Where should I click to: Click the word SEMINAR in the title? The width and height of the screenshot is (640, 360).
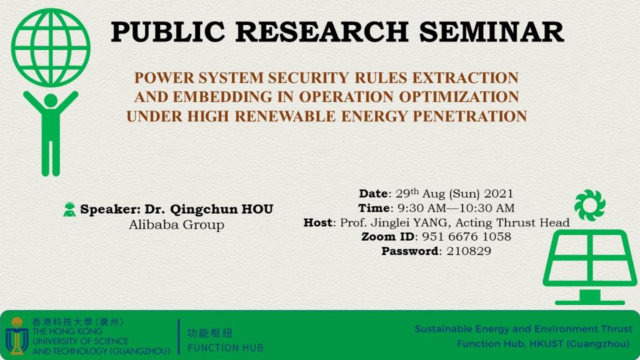(x=491, y=32)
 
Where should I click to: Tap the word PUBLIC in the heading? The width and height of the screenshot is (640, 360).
(x=167, y=32)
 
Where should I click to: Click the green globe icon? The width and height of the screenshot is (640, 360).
(x=51, y=47)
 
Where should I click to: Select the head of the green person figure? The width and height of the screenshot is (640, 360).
(x=51, y=101)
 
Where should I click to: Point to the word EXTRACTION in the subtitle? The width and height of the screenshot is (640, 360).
(x=465, y=77)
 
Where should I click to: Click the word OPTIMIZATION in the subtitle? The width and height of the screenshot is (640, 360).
(x=459, y=97)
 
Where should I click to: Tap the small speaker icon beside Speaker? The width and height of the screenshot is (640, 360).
(x=69, y=209)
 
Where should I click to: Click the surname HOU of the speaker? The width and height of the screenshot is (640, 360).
(x=257, y=209)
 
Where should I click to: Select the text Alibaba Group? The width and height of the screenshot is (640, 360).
(x=177, y=224)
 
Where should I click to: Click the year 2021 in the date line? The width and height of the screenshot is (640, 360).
(x=499, y=194)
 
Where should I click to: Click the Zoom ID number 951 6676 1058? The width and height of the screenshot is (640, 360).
(x=466, y=237)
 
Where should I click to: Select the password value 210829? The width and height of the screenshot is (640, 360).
(x=469, y=251)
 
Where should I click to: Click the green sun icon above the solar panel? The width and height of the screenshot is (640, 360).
(x=590, y=205)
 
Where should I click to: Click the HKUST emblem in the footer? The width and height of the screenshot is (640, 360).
(x=17, y=336)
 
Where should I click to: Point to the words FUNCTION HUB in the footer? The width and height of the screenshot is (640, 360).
(x=226, y=348)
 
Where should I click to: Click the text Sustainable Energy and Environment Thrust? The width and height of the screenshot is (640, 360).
(x=524, y=329)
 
